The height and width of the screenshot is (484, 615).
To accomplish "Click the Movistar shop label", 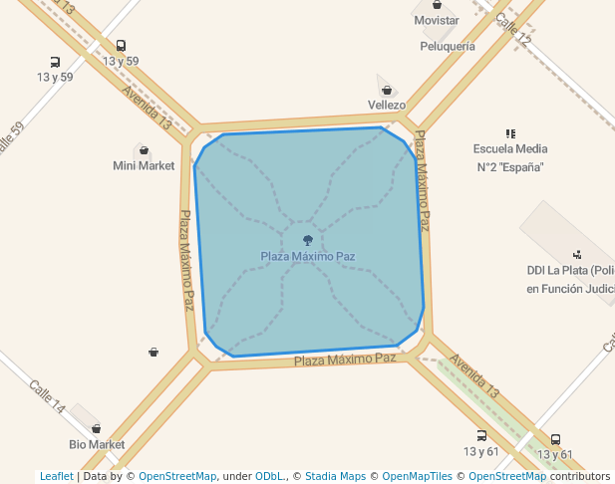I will (437, 20).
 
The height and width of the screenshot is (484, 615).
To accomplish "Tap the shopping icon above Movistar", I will (437, 5).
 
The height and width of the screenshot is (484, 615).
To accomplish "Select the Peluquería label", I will (448, 46).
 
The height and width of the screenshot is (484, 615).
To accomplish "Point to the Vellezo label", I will (386, 105).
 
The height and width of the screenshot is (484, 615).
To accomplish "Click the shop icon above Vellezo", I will (386, 91).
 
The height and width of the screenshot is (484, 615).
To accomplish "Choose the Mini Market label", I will (144, 165).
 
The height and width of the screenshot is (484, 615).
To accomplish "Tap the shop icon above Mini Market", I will (144, 151).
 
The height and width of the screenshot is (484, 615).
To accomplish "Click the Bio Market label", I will (97, 444).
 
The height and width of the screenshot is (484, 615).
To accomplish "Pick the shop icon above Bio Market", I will (96, 429).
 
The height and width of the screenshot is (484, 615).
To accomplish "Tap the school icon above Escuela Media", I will (510, 133).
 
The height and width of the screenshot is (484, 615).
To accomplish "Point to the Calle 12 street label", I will (512, 31).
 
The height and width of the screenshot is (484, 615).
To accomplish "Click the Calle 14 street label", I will (47, 396).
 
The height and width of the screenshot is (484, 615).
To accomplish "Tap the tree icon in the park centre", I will (307, 240).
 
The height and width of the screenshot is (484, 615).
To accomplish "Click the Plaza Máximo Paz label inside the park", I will (307, 256).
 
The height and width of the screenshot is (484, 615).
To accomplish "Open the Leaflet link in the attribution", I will (56, 476).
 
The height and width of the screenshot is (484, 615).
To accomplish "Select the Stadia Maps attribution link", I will (334, 476).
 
